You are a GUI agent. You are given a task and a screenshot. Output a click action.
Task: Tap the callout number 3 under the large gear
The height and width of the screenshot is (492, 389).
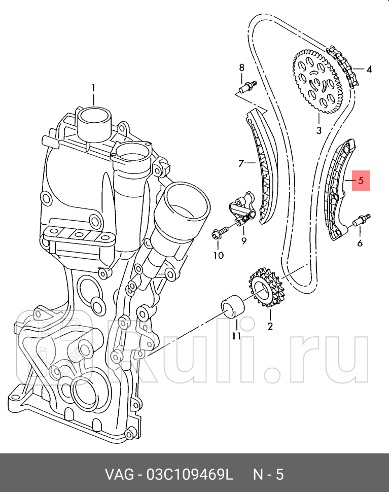319,130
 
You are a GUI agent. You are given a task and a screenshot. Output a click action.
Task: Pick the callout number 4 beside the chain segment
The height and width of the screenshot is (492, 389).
369,69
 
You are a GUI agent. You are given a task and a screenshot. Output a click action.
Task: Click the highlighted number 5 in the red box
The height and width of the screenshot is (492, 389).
361,180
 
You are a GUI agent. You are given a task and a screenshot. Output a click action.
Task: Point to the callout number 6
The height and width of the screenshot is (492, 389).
360,243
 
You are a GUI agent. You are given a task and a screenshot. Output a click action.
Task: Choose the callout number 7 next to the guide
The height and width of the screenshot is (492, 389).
241,163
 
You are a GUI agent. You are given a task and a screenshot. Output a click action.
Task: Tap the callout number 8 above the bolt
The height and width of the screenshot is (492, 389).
241,67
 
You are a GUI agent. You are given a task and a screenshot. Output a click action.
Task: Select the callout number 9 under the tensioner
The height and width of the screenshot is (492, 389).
243,240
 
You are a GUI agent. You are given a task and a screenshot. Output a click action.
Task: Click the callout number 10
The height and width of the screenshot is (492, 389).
218,255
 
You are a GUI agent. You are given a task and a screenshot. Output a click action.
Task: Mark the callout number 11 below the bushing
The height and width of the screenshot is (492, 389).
236,336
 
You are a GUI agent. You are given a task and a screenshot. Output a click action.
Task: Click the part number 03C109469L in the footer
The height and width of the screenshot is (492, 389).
189,475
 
